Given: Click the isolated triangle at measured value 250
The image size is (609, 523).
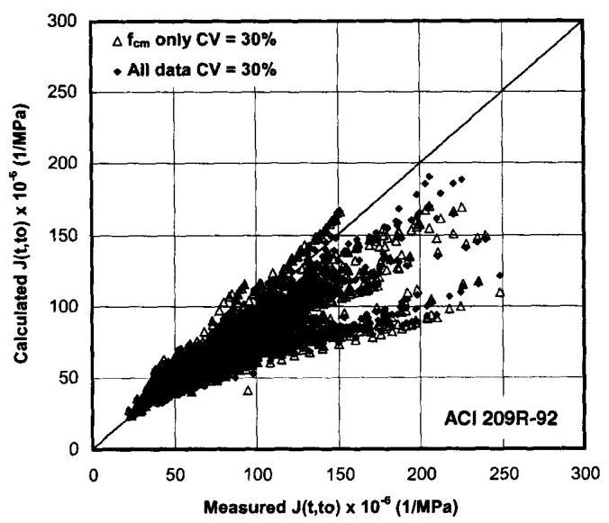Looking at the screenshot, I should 501,293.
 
